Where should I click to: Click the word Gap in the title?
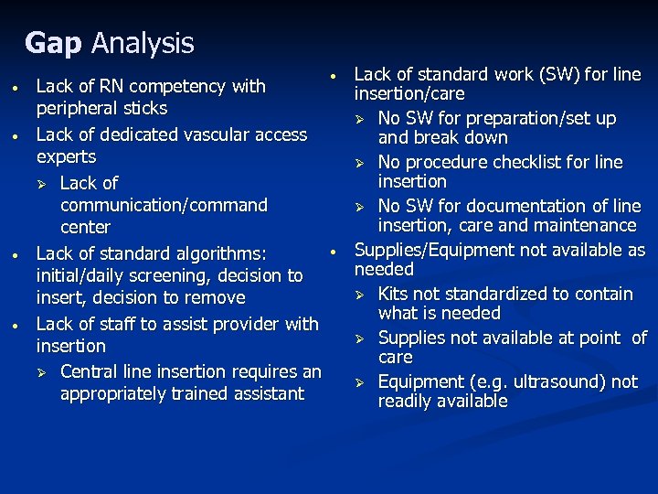53,43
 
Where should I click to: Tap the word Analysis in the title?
143,43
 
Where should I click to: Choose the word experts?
66,157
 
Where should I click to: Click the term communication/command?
164,205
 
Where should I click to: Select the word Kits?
394,294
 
